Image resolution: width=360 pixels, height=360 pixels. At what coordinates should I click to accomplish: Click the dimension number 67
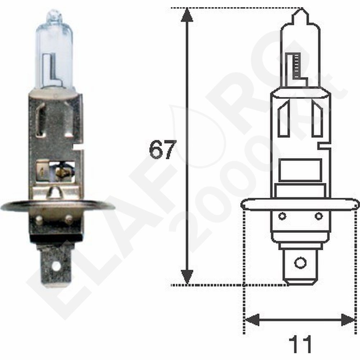(x=162, y=150)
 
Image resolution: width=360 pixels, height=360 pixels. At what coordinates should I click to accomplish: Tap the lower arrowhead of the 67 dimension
(x=187, y=278)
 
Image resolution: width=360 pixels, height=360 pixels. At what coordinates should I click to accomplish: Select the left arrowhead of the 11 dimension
(x=252, y=320)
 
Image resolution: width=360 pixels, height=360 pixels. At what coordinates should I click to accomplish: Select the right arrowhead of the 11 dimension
(x=348, y=320)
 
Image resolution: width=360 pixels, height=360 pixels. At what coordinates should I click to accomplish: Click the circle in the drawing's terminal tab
(x=300, y=262)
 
